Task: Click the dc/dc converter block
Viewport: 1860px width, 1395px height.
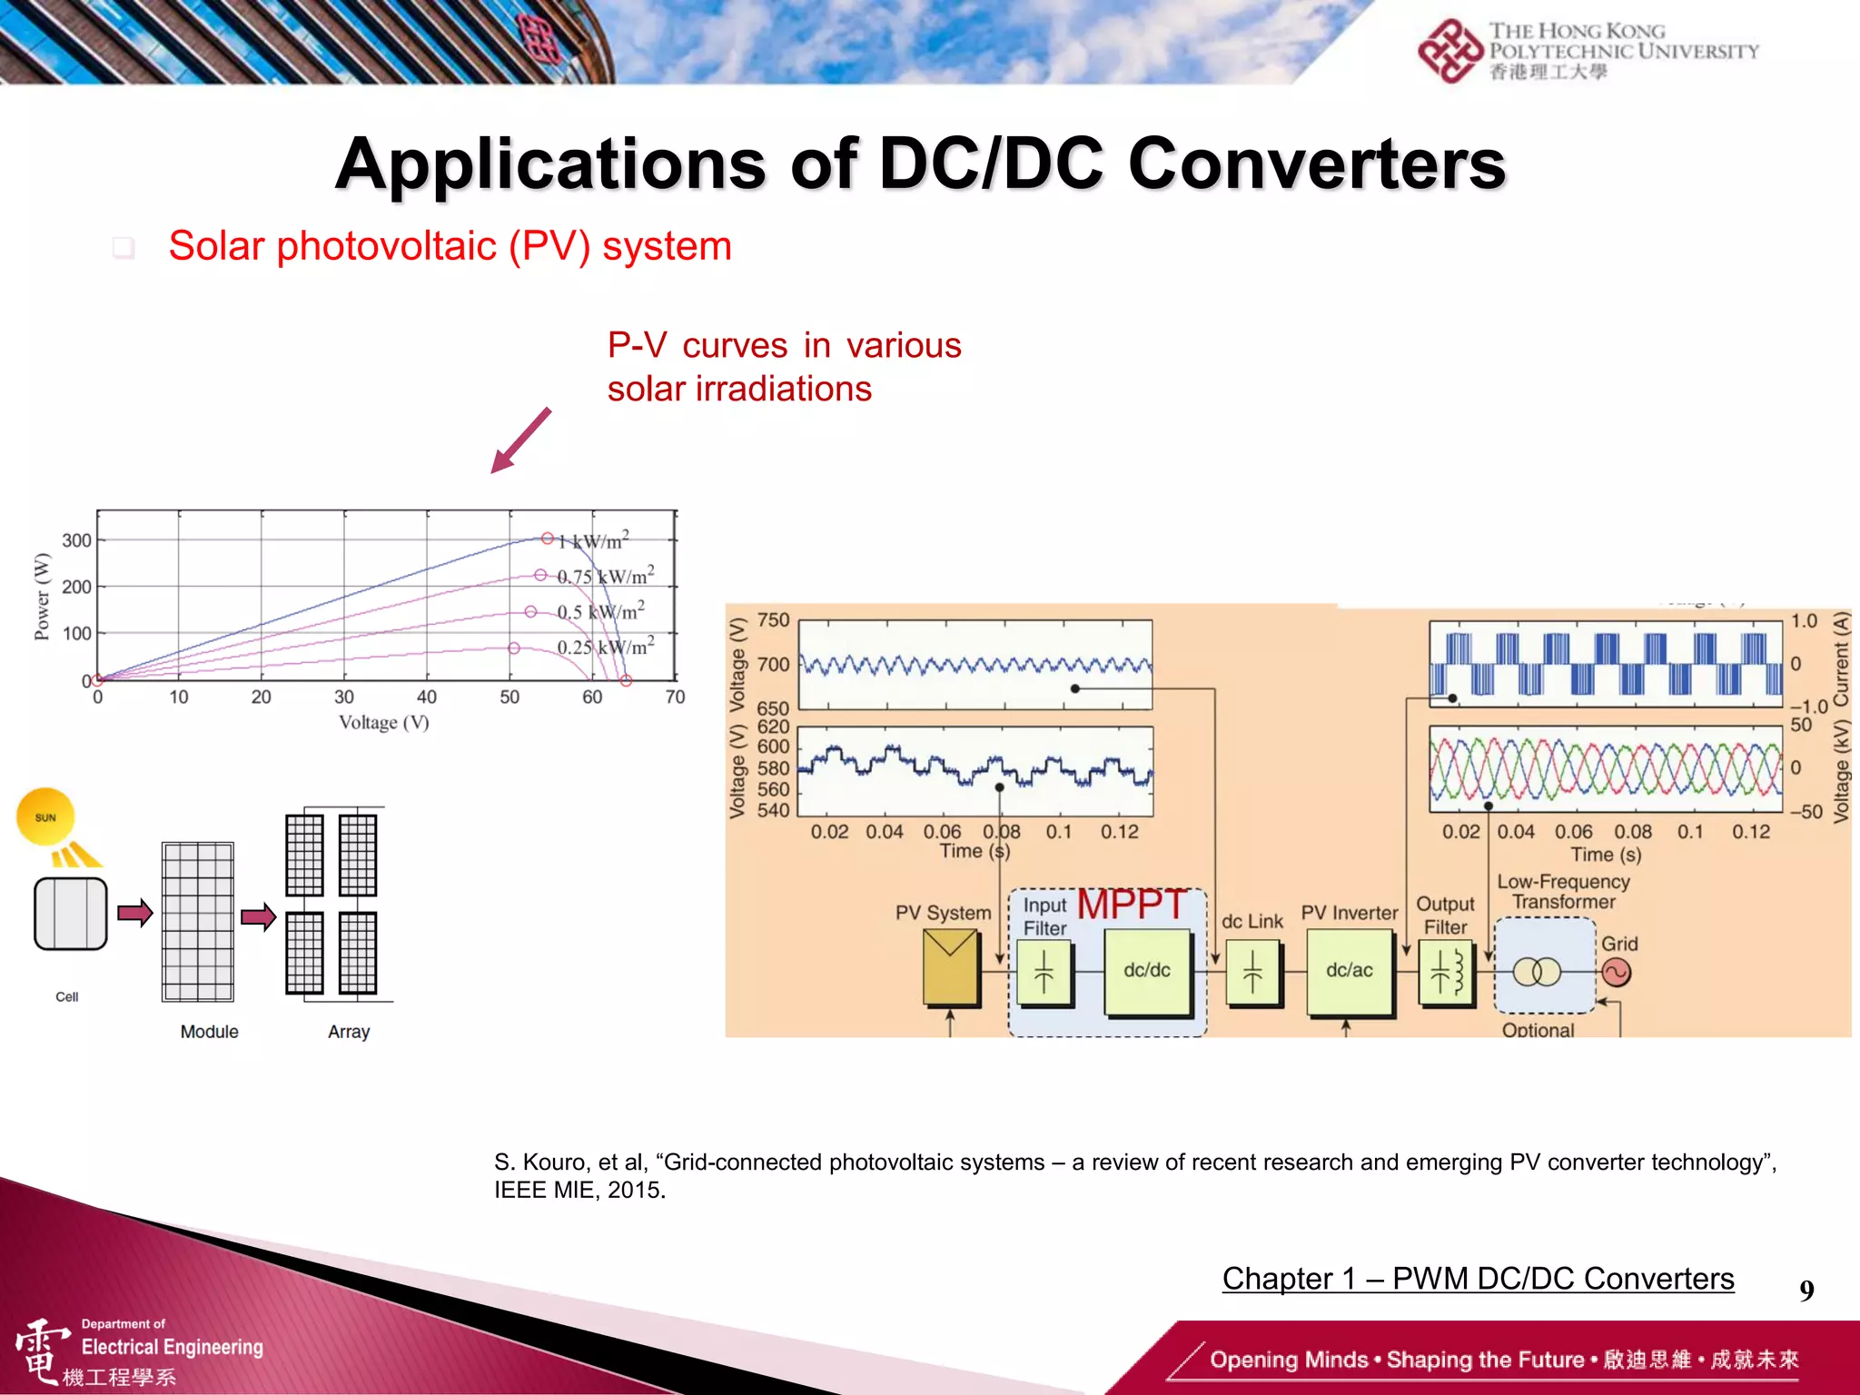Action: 1147,970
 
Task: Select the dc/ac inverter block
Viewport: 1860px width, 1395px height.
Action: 1349,970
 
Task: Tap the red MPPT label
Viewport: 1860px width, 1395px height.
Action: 1132,905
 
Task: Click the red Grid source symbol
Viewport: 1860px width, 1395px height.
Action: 1617,974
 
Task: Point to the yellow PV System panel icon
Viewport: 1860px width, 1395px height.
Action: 950,968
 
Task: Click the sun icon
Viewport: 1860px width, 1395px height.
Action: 45,817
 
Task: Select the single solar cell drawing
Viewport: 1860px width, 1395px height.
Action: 71,914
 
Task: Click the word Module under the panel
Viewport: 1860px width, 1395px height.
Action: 209,1032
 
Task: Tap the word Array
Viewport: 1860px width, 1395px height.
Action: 349,1032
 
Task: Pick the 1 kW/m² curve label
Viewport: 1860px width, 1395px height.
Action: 593,541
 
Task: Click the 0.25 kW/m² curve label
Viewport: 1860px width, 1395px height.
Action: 605,648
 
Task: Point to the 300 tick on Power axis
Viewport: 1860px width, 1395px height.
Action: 76,540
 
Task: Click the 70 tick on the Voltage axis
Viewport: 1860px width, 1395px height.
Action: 675,697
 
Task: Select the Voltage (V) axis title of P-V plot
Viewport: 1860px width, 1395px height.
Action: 383,723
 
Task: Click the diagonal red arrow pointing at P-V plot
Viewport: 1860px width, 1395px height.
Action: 520,440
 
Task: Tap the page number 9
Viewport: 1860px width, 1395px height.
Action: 1806,1291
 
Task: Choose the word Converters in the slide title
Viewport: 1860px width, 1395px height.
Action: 1317,164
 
